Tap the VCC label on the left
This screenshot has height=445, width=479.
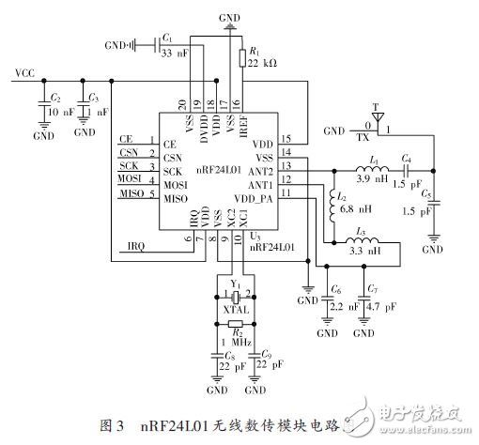pyautogui.click(x=25, y=72)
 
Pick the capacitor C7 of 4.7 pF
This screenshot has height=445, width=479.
pyautogui.click(x=363, y=303)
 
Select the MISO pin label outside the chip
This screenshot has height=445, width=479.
pyautogui.click(x=131, y=192)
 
